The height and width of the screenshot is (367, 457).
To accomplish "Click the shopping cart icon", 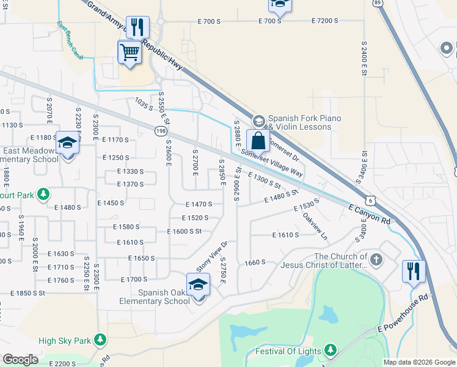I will pyautogui.click(x=130, y=52).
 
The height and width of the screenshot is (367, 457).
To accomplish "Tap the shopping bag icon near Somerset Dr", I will pyautogui.click(x=258, y=140).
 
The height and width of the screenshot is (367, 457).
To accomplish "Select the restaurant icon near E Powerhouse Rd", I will pyautogui.click(x=414, y=271).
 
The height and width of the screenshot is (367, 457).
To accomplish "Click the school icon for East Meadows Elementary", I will pyautogui.click(x=67, y=144).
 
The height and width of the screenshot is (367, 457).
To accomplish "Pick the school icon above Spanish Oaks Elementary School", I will pyautogui.click(x=199, y=284).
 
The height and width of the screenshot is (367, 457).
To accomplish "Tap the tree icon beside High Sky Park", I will pyautogui.click(x=99, y=340).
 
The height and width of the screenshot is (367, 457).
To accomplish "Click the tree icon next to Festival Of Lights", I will pyautogui.click(x=331, y=350).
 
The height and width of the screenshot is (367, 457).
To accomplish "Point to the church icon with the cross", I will pyautogui.click(x=376, y=260).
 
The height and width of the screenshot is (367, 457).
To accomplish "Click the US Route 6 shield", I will pyautogui.click(x=370, y=200).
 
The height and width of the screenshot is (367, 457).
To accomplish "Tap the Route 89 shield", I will pyautogui.click(x=378, y=3).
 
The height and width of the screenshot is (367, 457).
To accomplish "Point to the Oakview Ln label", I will pyautogui.click(x=315, y=225).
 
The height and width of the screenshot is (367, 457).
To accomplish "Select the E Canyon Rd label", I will pyautogui.click(x=369, y=214).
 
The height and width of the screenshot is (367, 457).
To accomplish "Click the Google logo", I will pyautogui.click(x=20, y=360).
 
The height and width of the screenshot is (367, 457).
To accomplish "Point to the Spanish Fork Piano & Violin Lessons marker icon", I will pyautogui.click(x=258, y=120).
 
